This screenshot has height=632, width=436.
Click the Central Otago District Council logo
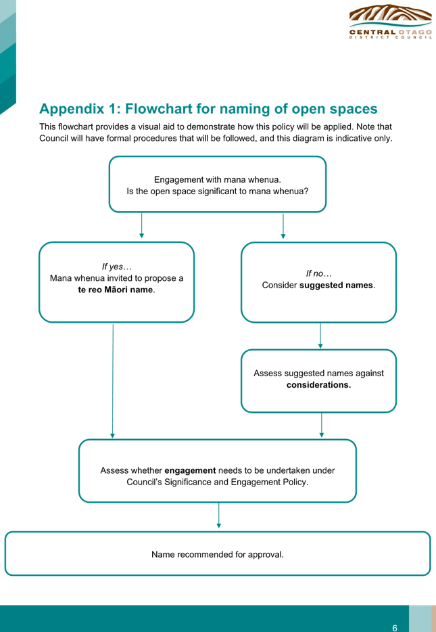(391, 22)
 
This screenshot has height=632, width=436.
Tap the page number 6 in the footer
(395, 627)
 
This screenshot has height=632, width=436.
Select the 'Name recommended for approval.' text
(218, 555)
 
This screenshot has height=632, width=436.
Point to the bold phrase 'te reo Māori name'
(116, 290)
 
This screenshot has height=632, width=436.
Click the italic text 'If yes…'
(117, 267)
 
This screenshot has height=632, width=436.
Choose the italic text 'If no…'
(319, 273)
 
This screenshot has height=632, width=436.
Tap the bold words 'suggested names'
(336, 286)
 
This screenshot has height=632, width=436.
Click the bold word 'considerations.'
(318, 385)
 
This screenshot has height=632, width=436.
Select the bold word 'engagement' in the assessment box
(190, 470)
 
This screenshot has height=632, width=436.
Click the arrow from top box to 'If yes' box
(141, 226)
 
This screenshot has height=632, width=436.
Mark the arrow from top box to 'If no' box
(283, 226)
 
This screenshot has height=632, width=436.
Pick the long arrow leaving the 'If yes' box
(113, 381)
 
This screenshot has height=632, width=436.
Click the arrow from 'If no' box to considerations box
(320, 336)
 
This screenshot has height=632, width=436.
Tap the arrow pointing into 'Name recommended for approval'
(218, 516)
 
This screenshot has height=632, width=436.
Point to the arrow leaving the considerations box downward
(321, 425)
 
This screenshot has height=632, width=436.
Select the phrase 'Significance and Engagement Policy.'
(237, 482)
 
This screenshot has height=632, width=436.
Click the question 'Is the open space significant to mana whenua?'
(218, 191)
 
